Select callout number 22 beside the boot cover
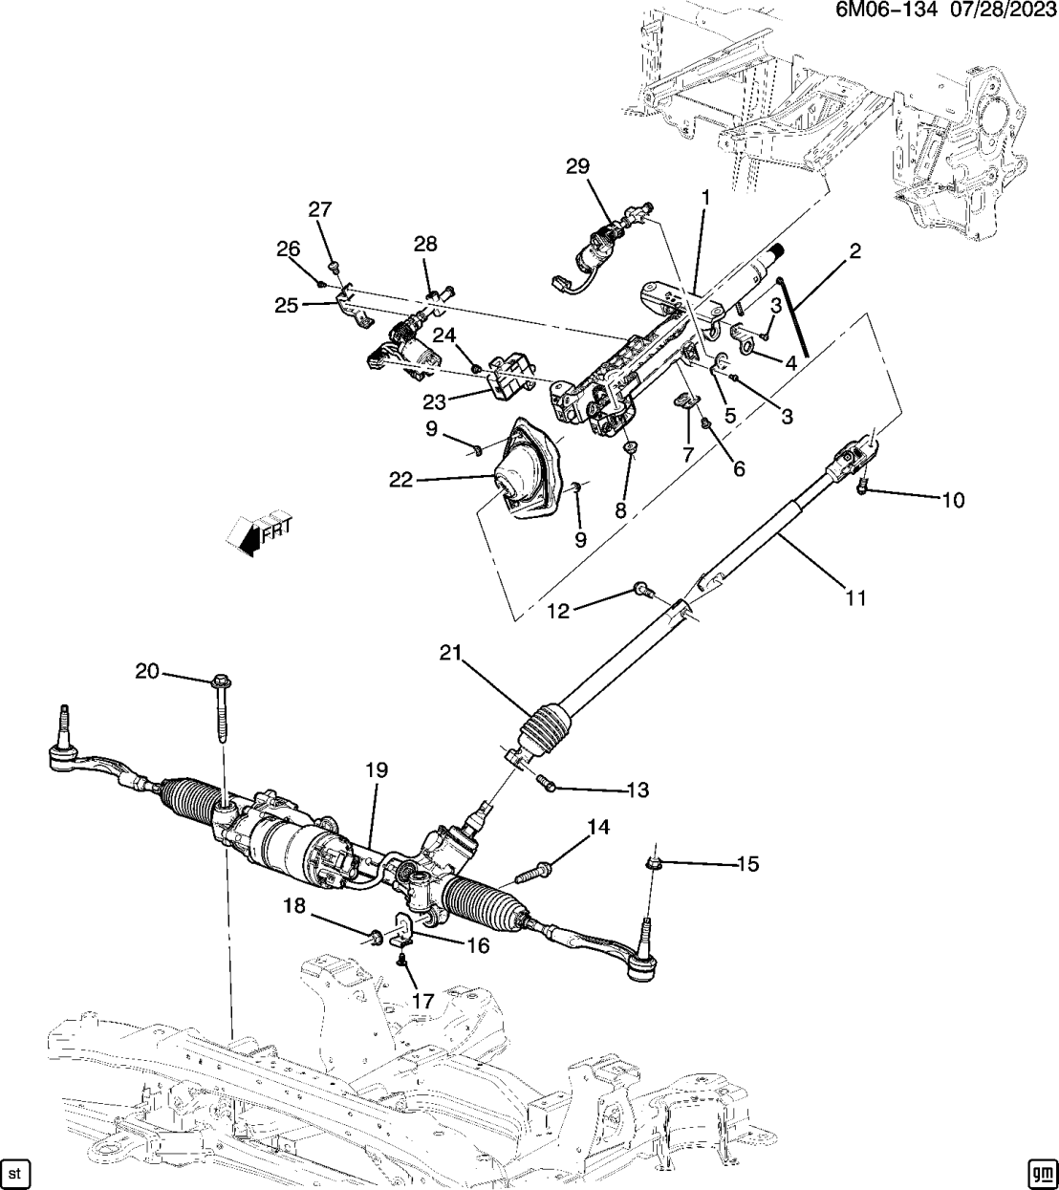pos(400,480)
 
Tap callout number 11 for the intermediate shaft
pos(855,598)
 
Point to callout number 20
pos(146,672)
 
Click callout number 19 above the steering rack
pos(375,768)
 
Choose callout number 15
pos(747,864)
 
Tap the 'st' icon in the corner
pos(14,1171)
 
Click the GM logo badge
pos(1041,1171)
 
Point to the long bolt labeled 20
pos(222,712)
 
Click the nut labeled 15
pos(655,864)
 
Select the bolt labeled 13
pos(548,782)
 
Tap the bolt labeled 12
pos(641,593)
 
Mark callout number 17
pos(422,1001)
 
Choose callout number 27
pos(319,209)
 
